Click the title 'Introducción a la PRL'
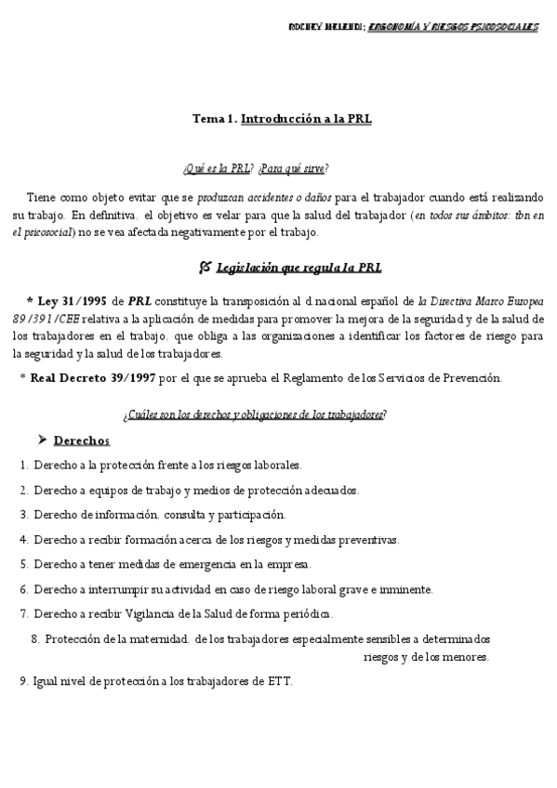[x=306, y=119]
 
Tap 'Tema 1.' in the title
[x=214, y=119]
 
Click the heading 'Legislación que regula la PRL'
[x=298, y=268]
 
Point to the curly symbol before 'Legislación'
[x=205, y=267]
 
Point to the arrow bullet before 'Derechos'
[x=43, y=440]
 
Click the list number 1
[x=22, y=465]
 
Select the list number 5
[x=22, y=564]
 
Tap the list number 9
[x=22, y=681]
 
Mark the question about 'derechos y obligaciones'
[x=278, y=414]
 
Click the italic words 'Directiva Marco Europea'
[x=488, y=301]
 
